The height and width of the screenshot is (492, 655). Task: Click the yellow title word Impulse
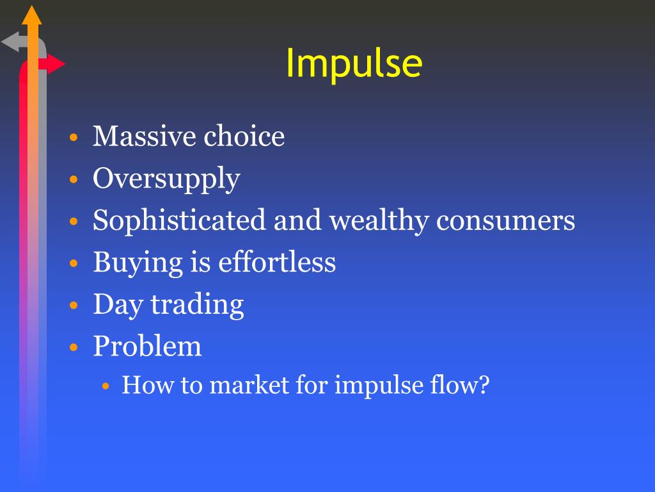coord(354,63)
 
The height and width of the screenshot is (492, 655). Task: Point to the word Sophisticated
coord(179,221)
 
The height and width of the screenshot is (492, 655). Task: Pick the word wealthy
coord(379,221)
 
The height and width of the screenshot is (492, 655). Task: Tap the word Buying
coord(138,263)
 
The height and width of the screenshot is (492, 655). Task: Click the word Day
coord(118,305)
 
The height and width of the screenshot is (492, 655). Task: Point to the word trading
coord(197,305)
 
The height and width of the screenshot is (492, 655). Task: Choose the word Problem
coord(147,346)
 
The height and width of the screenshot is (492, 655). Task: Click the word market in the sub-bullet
coord(249,384)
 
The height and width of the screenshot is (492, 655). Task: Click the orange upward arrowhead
coord(32,15)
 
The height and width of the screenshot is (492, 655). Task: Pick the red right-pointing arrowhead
coord(56,64)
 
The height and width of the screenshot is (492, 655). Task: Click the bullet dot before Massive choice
coord(74,137)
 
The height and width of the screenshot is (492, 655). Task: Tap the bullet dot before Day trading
coord(74,306)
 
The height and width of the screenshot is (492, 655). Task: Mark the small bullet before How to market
coord(106,386)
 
